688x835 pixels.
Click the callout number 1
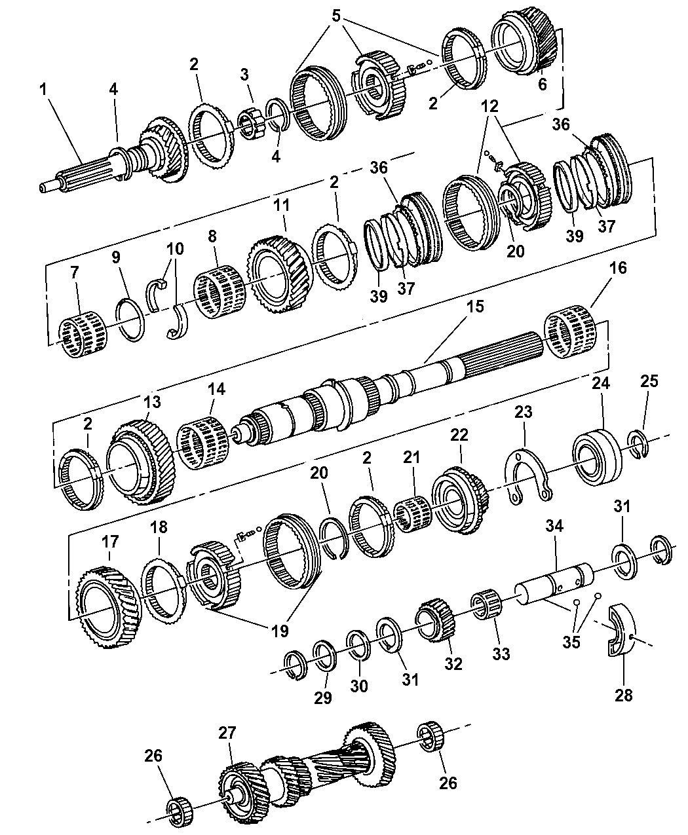click(x=45, y=90)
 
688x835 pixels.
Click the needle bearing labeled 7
click(x=83, y=335)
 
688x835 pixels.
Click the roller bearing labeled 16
click(x=569, y=334)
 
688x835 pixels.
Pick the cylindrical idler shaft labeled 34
click(x=554, y=585)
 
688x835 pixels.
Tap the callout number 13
click(x=152, y=401)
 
